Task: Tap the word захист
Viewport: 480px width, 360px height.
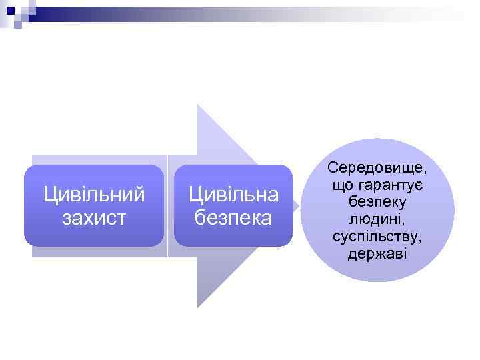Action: coord(94,217)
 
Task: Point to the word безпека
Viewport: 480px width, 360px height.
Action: coord(233,217)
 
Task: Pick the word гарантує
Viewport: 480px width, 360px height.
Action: coord(390,183)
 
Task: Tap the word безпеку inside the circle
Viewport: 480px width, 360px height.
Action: coord(378,201)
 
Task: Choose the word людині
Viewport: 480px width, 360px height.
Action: coord(377,219)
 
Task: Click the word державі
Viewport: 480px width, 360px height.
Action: coord(377,255)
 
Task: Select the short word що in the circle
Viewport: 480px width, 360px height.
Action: coord(341,183)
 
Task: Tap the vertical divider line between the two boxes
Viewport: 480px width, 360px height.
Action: coord(167,206)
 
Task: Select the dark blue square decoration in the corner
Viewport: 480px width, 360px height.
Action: coord(9,9)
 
